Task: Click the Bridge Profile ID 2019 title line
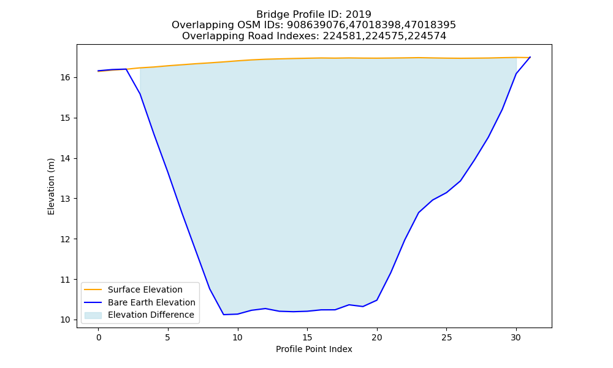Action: click(313, 15)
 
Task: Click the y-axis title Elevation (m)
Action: click(51, 186)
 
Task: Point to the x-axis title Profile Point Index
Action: click(314, 349)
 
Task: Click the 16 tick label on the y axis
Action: click(66, 78)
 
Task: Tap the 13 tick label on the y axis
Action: click(66, 199)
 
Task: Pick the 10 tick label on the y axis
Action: click(66, 320)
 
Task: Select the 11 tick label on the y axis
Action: click(66, 280)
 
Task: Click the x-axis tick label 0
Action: click(99, 337)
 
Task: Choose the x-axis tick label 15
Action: click(307, 337)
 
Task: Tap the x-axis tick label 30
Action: click(516, 337)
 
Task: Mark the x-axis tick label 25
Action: click(446, 337)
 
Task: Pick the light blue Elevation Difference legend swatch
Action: click(93, 315)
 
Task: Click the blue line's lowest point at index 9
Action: click(224, 315)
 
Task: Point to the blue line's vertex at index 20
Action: click(377, 300)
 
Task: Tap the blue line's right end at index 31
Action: click(530, 57)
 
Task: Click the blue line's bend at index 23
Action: click(419, 213)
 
